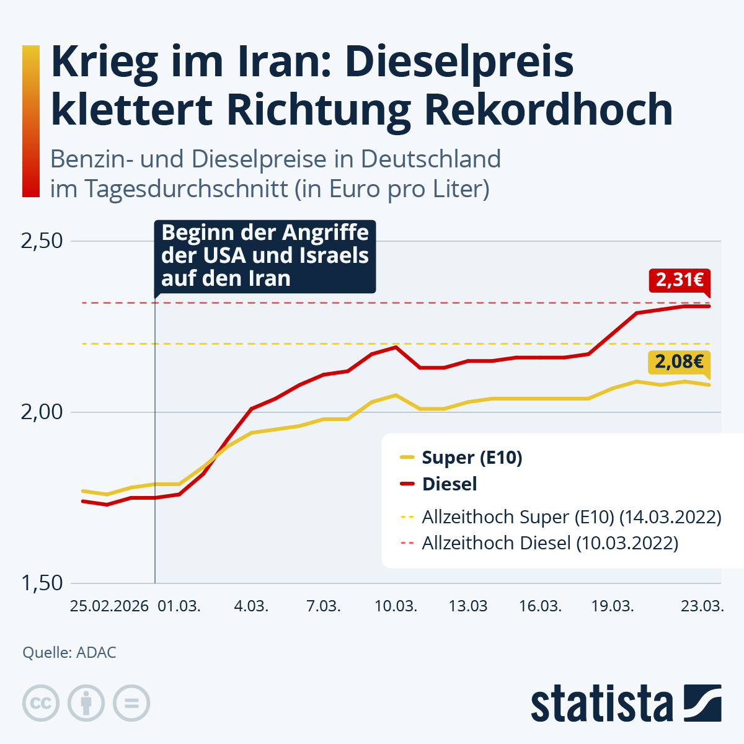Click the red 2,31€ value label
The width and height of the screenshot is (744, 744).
680,280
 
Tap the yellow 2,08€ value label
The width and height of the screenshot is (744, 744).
680,362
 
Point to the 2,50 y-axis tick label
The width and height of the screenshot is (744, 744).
42,241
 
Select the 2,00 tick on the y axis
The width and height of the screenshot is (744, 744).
42,412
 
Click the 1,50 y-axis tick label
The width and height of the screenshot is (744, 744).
42,583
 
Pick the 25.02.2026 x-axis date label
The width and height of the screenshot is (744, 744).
109,606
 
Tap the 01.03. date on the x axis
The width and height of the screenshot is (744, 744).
179,606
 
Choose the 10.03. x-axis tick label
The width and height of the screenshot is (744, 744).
396,606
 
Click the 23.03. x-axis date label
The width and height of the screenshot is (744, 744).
702,606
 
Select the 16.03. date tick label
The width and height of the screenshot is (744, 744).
541,606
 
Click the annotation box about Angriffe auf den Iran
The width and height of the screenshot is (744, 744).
265,256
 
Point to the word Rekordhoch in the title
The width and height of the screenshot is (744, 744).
549,110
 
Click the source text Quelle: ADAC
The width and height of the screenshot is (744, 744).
69,653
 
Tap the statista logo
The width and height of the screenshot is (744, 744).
626,704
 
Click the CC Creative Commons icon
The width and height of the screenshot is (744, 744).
41,704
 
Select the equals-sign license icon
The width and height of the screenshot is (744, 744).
131,704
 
